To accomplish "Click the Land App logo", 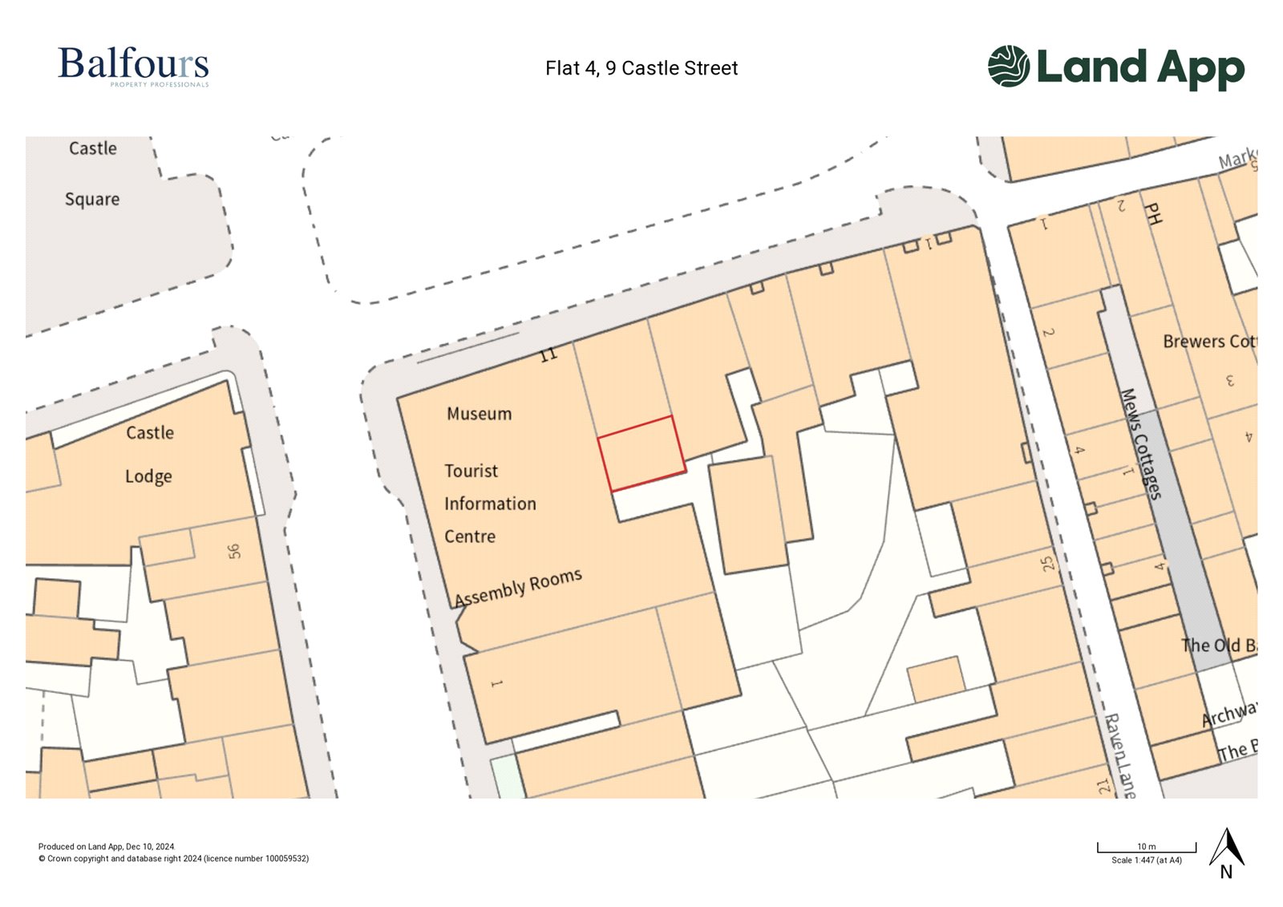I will point(1115,67).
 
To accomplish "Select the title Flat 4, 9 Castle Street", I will point(641,68).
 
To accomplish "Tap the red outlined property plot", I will point(641,453).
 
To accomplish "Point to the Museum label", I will point(479,414).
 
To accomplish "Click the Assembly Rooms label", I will point(518,587).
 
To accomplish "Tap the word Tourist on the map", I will point(471,471).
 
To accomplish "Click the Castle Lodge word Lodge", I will point(148,476).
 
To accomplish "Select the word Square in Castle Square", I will point(92,199).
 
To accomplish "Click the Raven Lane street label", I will point(1120,755).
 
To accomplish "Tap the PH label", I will point(1153,213).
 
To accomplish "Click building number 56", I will point(233,551).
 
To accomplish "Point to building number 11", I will point(548,354).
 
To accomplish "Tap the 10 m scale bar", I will point(1146,848).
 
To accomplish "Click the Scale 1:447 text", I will point(1146,860).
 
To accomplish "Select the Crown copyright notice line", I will point(173,859).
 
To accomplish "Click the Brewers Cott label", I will point(1209,342).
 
